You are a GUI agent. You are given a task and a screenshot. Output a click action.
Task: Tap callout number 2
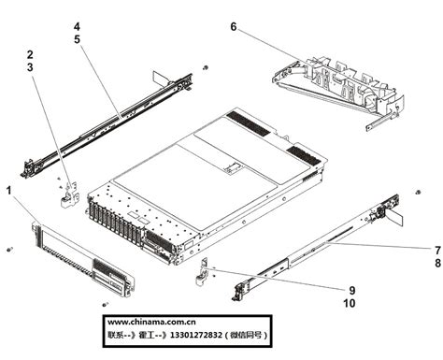pos(31,54)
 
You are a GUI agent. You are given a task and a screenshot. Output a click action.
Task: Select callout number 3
pos(31,68)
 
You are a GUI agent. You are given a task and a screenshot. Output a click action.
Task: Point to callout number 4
pos(77,27)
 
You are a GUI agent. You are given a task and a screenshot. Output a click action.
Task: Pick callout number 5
pos(77,40)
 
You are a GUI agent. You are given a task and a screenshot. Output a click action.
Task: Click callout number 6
pos(233,27)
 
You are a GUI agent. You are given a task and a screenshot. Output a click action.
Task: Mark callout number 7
pos(436,251)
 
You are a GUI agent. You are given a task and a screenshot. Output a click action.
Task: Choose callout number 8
pos(436,265)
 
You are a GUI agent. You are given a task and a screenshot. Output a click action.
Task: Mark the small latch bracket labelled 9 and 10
pos(202,272)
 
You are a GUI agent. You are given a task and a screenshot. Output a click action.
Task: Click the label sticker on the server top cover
pos(228,171)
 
